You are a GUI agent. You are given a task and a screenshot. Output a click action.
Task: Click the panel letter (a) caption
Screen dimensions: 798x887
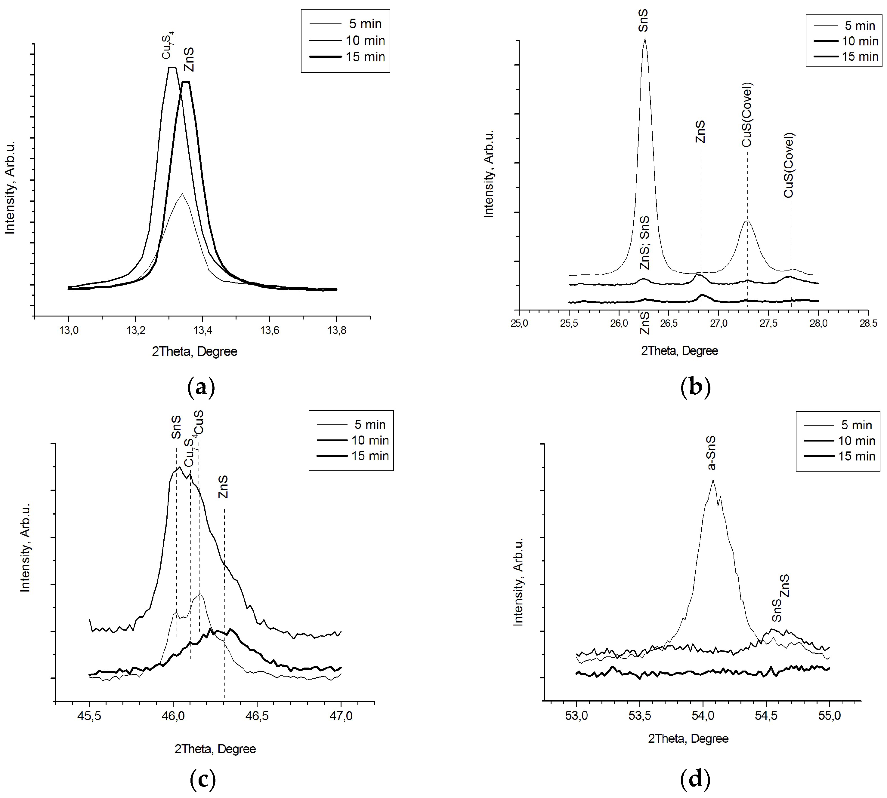click(x=201, y=387)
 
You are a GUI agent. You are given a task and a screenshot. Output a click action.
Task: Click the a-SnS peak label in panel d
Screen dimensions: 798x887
click(x=712, y=453)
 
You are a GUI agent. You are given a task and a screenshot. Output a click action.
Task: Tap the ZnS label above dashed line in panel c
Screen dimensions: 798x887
click(x=223, y=487)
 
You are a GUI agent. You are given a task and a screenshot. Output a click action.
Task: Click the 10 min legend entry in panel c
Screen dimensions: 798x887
click(x=370, y=440)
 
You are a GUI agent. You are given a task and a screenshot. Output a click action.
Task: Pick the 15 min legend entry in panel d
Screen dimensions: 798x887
click(x=856, y=456)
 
